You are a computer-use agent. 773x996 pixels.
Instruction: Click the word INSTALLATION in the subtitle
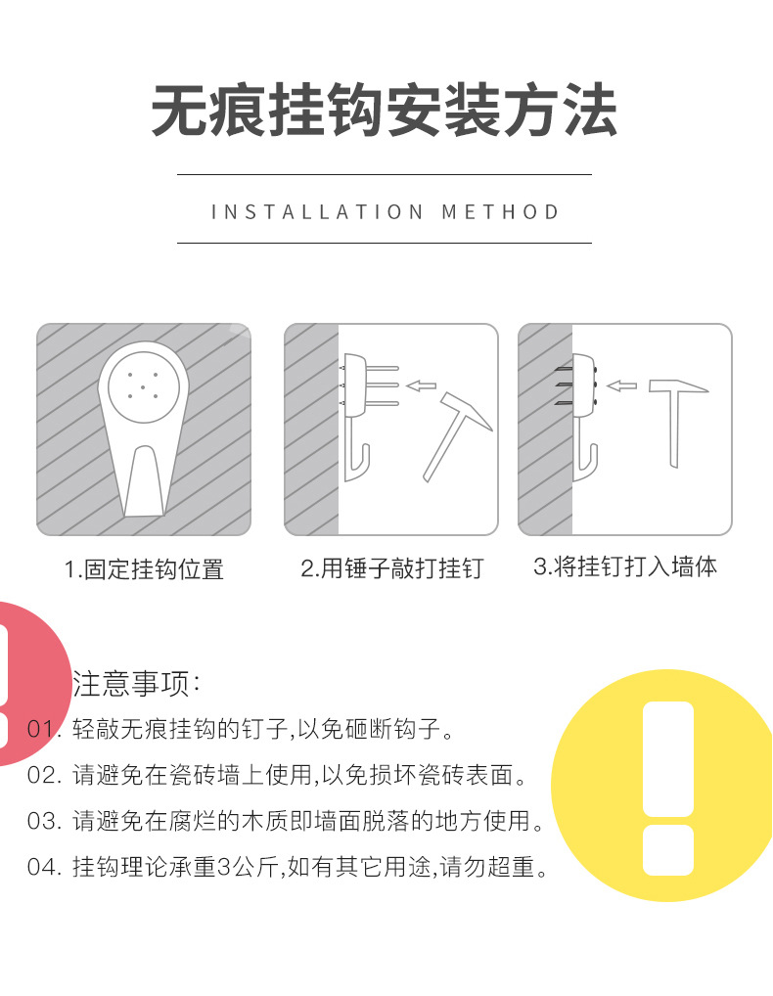point(317,212)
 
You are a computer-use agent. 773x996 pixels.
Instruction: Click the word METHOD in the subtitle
point(501,212)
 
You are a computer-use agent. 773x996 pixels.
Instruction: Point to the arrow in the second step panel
point(422,385)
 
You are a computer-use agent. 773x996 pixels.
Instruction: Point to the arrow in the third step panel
point(622,385)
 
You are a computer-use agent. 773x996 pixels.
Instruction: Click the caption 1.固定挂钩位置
point(145,569)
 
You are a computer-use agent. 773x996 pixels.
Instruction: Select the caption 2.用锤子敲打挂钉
point(391,568)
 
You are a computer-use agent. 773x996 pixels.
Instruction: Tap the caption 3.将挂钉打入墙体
point(625,566)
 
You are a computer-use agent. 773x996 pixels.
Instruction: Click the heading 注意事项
point(137,683)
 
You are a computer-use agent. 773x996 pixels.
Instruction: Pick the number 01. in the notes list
point(45,729)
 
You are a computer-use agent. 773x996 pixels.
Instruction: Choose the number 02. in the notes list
point(45,776)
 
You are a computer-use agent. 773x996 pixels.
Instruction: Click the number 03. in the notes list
point(45,820)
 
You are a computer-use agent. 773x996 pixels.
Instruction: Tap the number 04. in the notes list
point(45,867)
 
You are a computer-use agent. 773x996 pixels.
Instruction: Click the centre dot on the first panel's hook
point(143,386)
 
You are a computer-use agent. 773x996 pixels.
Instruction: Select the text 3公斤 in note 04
point(243,867)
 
